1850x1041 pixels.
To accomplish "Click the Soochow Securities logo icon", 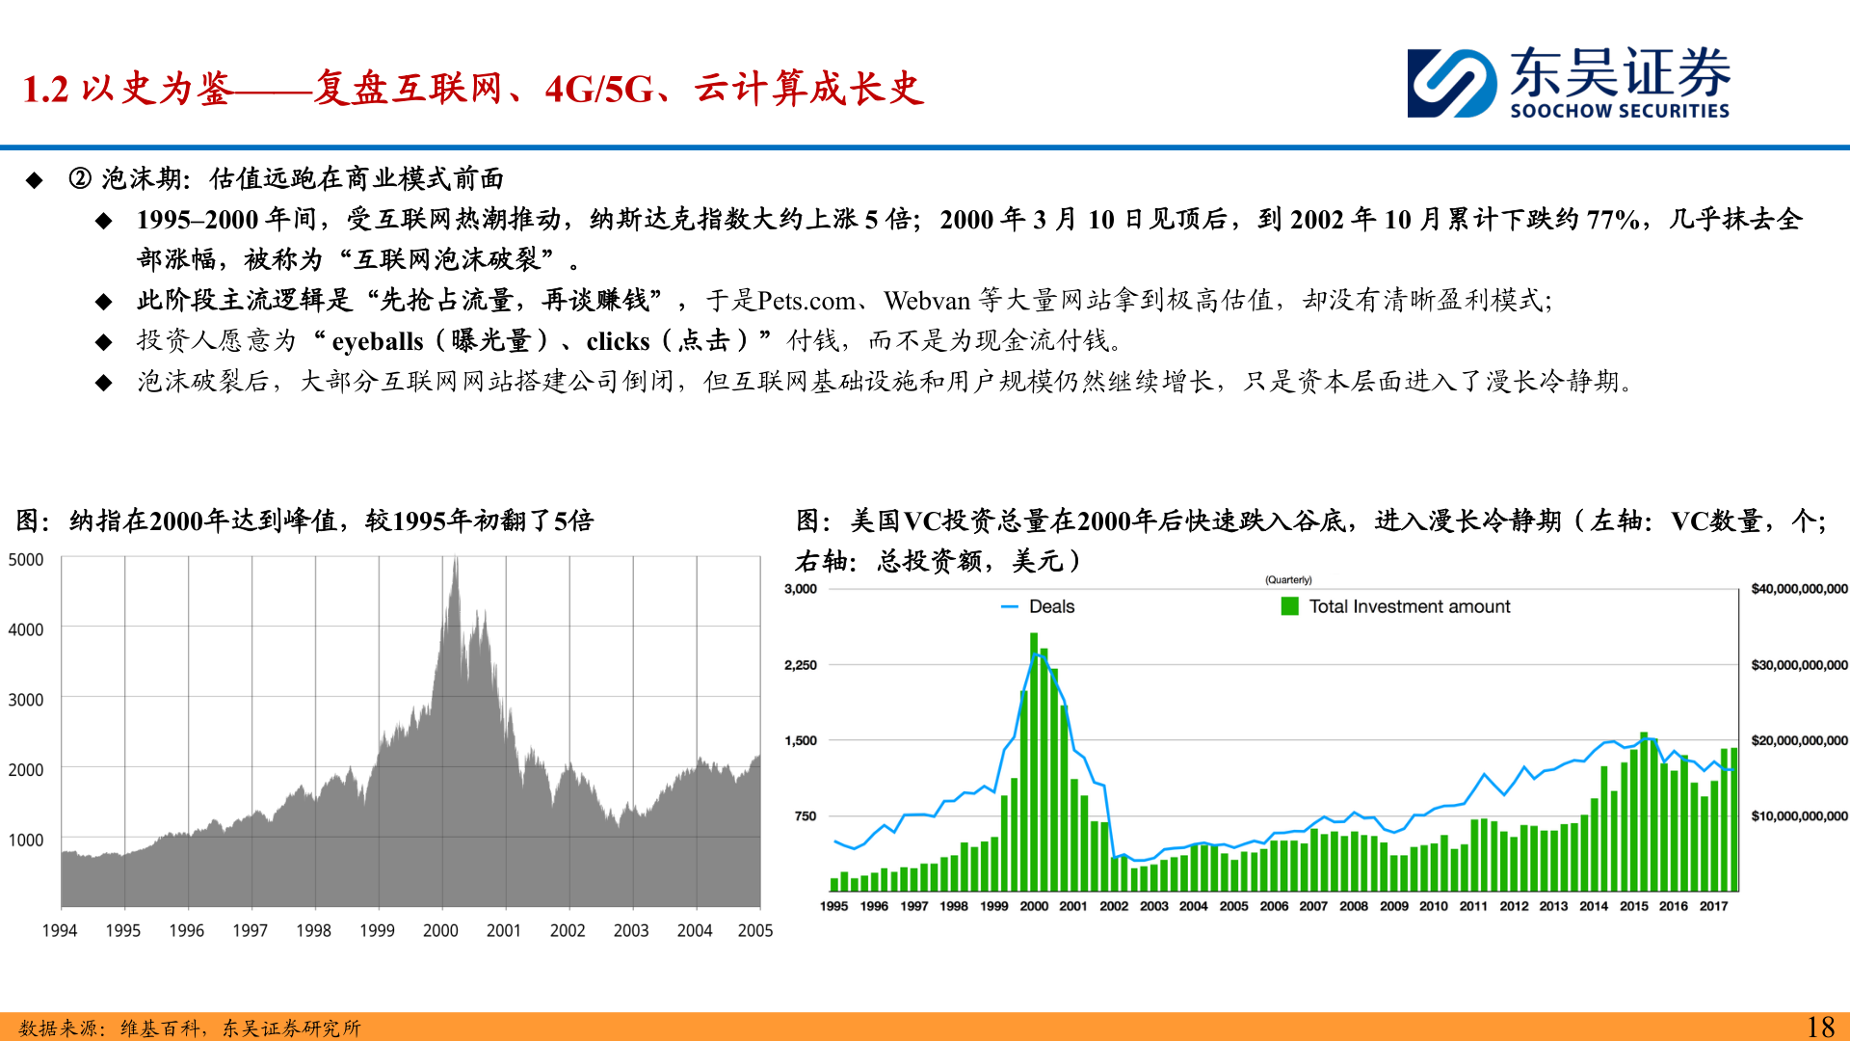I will coord(1451,83).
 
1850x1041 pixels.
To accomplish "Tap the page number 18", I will coord(1819,1027).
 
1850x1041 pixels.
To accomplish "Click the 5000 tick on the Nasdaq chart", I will coord(26,560).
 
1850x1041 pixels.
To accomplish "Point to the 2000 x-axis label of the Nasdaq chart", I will coord(440,930).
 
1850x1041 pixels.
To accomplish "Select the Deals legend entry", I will coord(1039,606).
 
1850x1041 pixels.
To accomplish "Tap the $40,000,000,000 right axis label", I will coord(1799,589).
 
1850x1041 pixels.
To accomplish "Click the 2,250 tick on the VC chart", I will coord(801,665).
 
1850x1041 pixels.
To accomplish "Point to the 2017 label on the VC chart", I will coord(1713,906).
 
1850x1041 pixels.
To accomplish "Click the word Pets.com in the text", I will coord(806,301).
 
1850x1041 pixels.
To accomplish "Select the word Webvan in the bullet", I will coord(927,301).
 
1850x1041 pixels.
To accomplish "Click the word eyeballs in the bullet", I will coord(377,341).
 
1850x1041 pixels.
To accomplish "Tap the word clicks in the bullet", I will coord(618,341).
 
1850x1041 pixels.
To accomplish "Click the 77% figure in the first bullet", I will coord(1612,220).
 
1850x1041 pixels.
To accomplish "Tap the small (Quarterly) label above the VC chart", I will coord(1288,580).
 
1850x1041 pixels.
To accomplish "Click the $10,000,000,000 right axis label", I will coord(1799,816).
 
